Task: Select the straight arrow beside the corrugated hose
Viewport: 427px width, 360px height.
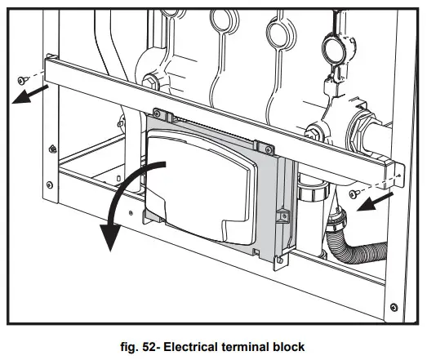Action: (x=380, y=201)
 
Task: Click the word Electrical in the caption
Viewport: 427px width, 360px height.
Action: (x=193, y=346)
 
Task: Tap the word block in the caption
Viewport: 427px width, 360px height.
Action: (x=289, y=346)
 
